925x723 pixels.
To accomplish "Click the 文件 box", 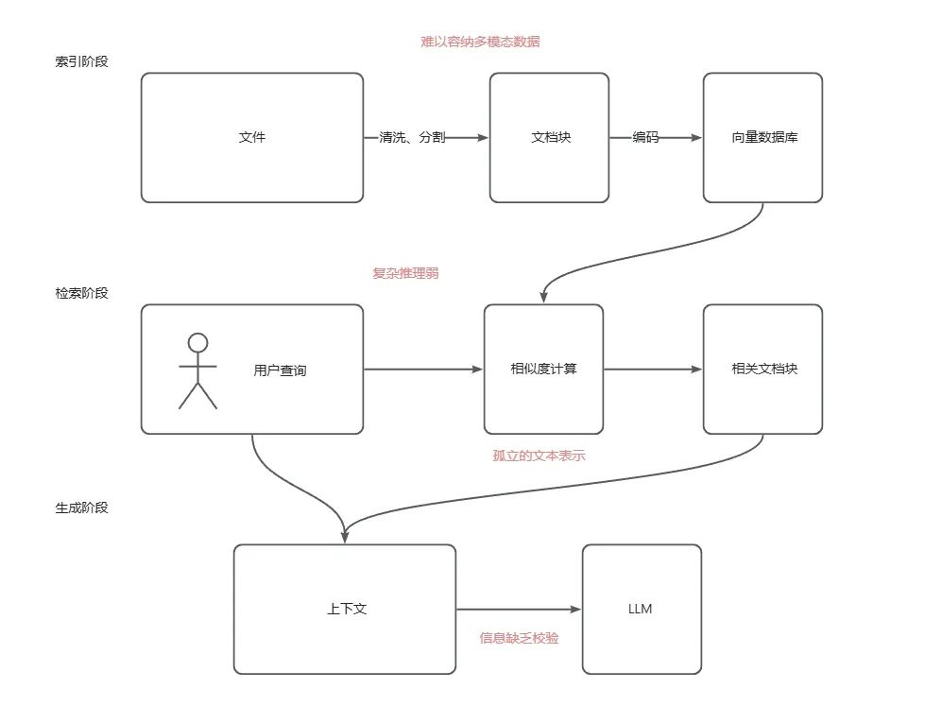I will point(252,138).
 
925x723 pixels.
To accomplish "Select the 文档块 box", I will point(549,138).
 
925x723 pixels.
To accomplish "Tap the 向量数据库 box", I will point(762,138).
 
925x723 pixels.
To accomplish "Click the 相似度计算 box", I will point(543,369).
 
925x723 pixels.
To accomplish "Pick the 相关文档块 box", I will point(762,369).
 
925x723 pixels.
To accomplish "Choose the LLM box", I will point(641,609).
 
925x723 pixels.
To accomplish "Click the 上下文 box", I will point(345,609).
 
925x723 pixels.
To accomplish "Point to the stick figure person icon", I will point(197,370).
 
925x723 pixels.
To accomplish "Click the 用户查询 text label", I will point(280,370).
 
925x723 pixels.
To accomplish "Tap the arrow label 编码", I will point(646,138).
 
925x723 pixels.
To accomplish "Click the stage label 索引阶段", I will point(82,62).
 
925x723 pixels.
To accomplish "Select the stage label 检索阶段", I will point(82,293).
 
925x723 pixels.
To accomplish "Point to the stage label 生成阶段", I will point(82,508).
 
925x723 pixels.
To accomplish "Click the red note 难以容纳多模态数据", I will point(480,42).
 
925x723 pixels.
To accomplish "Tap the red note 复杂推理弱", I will point(406,273).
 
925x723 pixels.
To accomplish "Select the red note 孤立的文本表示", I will point(540,456).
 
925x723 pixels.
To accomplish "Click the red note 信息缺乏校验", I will point(519,638).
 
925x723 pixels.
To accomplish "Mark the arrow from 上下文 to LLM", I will point(518,611).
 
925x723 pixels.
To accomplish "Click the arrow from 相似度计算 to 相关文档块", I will point(652,370).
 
